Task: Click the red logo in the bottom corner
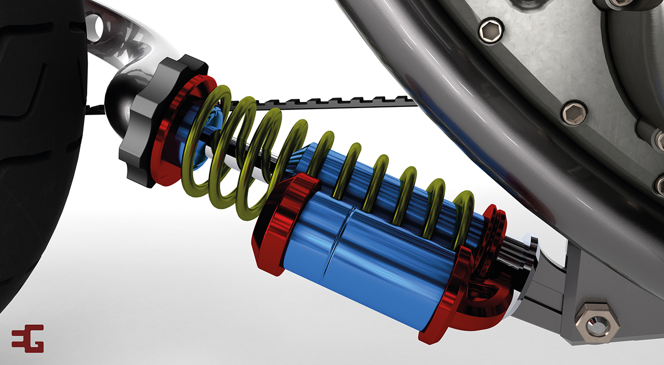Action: (x=27, y=338)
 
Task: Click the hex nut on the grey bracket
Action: (x=596, y=321)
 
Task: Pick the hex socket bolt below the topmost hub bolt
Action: (x=574, y=112)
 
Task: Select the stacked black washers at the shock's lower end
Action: (x=517, y=257)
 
